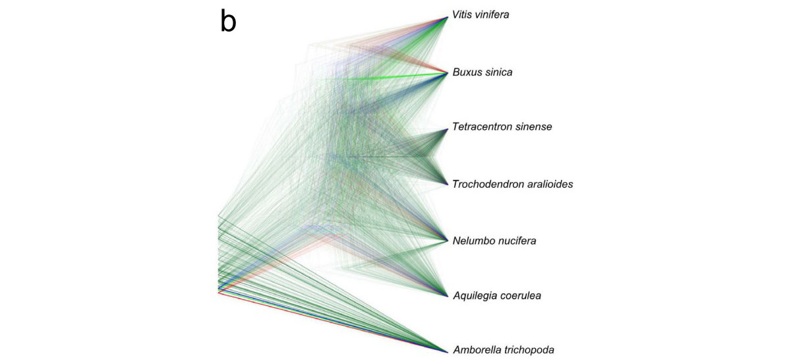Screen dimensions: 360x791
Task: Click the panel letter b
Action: click(x=228, y=22)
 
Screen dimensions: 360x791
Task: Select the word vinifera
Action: click(x=493, y=14)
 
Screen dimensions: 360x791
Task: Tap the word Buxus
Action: click(x=468, y=72)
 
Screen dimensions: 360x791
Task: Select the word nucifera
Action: click(x=515, y=241)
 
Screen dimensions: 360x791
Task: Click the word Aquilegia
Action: click(x=475, y=295)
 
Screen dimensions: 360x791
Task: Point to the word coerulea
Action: click(x=521, y=295)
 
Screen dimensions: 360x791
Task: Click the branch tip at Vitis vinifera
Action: click(x=448, y=16)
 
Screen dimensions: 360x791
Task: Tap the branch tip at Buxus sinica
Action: click(x=448, y=73)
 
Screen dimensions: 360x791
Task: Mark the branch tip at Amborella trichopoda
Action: click(x=448, y=350)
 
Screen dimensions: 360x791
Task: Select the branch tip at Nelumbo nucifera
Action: click(x=448, y=240)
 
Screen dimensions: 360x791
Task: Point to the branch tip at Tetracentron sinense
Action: click(x=448, y=128)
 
